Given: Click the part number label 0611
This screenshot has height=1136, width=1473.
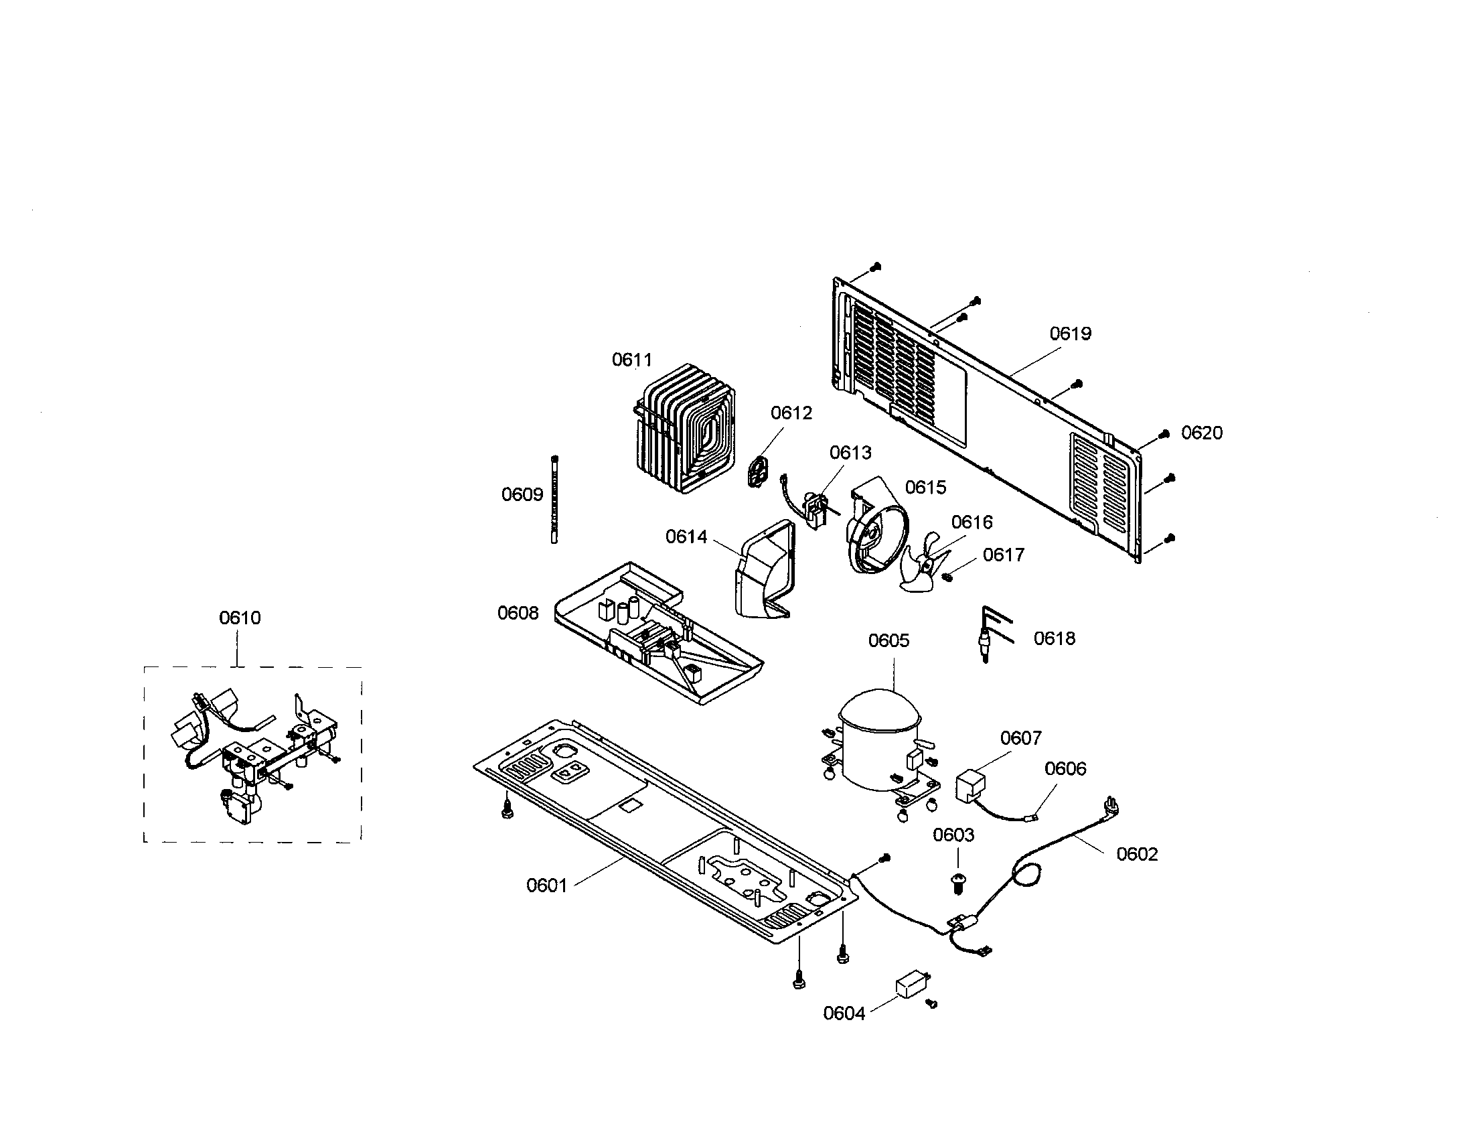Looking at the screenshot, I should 632,360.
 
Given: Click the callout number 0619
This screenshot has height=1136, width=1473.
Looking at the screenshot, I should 1071,334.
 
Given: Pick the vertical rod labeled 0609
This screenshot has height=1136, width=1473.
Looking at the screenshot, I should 554,498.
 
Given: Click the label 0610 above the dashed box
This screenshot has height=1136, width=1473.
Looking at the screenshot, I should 240,618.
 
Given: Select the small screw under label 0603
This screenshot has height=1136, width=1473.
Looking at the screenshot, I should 957,882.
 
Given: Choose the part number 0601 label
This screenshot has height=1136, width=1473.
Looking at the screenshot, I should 546,885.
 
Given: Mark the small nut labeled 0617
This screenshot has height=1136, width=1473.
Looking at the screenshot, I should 947,575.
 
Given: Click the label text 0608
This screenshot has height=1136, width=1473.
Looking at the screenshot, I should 518,612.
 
